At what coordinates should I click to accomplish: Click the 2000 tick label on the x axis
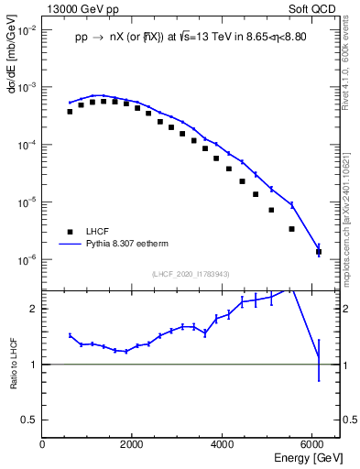pyautogui.click(x=132, y=443)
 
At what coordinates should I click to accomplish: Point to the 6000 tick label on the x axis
pyautogui.click(x=311, y=443)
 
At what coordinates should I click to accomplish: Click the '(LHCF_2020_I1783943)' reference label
pyautogui.click(x=191, y=274)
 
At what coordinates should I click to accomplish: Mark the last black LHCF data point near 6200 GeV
pyautogui.click(x=318, y=251)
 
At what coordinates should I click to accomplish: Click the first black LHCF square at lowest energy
pyautogui.click(x=70, y=112)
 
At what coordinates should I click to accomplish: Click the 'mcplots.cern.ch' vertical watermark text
pyautogui.click(x=348, y=229)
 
